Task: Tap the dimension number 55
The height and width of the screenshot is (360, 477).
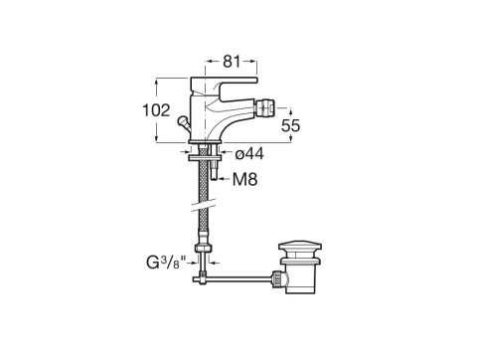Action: pos(289,126)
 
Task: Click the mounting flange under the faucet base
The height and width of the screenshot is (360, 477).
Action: pos(208,152)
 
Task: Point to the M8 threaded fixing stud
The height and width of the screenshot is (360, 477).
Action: pos(215,169)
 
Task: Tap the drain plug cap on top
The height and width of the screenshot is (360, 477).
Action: pos(297,246)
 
